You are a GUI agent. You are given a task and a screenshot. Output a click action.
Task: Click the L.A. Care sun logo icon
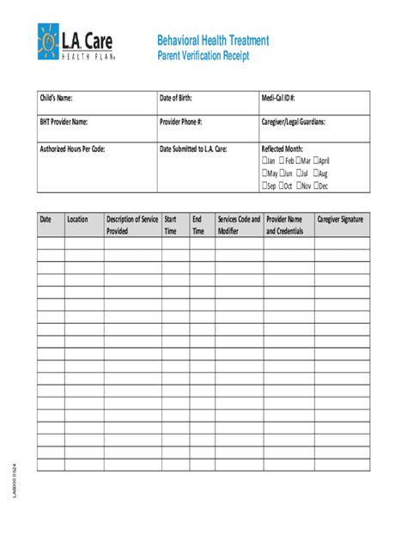tap(49, 42)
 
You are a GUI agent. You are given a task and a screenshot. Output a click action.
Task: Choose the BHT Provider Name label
tap(64, 122)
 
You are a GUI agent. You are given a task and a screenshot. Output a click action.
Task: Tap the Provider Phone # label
tap(180, 122)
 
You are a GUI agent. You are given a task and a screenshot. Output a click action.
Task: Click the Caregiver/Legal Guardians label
tap(293, 122)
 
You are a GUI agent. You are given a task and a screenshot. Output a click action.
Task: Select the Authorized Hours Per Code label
tap(72, 149)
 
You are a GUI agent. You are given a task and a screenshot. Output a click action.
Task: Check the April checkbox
tap(316, 161)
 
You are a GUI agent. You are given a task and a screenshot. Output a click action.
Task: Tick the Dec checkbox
tap(316, 185)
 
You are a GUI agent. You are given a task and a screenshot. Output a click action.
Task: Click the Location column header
tap(77, 220)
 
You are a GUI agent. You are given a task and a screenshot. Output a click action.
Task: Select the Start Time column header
tap(170, 225)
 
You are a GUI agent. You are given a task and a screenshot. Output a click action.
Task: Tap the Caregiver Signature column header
tap(340, 220)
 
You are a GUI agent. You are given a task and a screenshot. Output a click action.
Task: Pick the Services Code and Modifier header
tap(239, 225)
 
